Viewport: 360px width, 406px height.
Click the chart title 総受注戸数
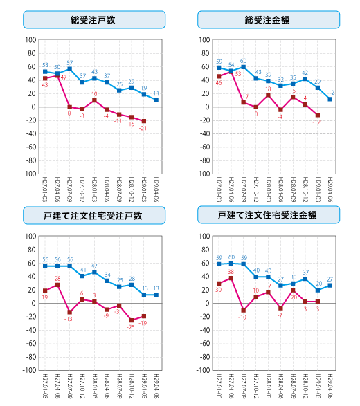pos(93,19)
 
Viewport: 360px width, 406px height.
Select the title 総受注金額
pos(268,19)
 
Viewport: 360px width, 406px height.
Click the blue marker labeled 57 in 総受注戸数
pos(70,68)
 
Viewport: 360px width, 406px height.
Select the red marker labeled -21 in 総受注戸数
pos(144,121)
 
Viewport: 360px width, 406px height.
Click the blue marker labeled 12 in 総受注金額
pos(330,99)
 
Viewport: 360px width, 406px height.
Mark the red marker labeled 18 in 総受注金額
pos(268,95)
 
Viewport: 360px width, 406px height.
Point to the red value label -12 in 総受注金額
pos(317,122)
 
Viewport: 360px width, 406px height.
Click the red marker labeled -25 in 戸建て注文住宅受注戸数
pos(132,320)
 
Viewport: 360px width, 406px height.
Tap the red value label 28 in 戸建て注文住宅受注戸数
pos(57,278)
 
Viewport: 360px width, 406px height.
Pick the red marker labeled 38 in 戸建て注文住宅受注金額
pos(231,278)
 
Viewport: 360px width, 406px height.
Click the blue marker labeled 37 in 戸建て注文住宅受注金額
pos(305,279)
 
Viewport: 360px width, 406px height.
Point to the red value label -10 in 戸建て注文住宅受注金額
pos(243,317)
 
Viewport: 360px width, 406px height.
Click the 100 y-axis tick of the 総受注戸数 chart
pos(30,40)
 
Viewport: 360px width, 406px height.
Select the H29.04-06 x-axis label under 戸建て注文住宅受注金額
pos(330,387)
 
